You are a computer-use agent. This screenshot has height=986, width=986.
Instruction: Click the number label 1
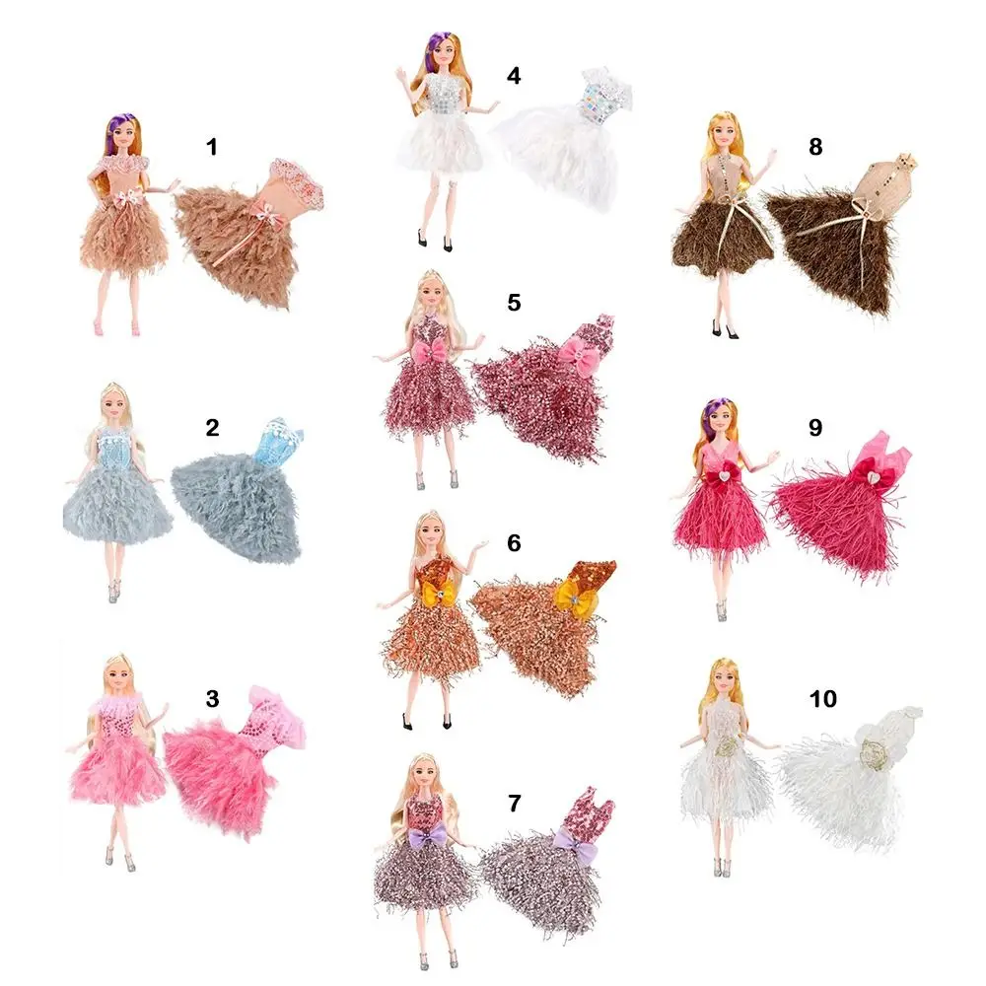[x=210, y=147]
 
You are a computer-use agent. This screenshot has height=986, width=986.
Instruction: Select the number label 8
[x=814, y=147]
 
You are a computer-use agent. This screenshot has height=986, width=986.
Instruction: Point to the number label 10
[x=822, y=699]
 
